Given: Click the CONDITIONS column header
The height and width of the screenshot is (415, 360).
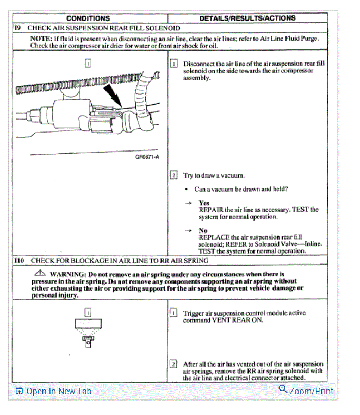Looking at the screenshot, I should pyautogui.click(x=88, y=18).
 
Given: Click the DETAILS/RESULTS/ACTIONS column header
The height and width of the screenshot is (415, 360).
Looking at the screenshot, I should pyautogui.click(x=247, y=18).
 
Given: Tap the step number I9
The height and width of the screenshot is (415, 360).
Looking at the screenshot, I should pyautogui.click(x=17, y=28).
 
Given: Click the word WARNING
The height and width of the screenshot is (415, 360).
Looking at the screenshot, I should pyautogui.click(x=67, y=274).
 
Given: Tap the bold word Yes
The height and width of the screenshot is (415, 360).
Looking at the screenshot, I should pyautogui.click(x=204, y=203).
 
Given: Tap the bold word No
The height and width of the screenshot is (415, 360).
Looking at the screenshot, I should pyautogui.click(x=203, y=230).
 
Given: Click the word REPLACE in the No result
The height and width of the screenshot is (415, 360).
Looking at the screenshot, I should pyautogui.click(x=214, y=237).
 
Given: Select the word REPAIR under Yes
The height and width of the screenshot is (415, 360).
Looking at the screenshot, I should pyautogui.click(x=212, y=210).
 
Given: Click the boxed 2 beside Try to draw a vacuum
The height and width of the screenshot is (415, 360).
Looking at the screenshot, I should pyautogui.click(x=173, y=175).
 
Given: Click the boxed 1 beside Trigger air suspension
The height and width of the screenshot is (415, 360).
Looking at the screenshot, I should pyautogui.click(x=173, y=313).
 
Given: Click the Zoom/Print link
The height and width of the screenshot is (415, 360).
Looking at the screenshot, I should pyautogui.click(x=311, y=391).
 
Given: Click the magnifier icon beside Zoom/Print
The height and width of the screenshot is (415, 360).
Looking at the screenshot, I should pyautogui.click(x=283, y=389).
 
